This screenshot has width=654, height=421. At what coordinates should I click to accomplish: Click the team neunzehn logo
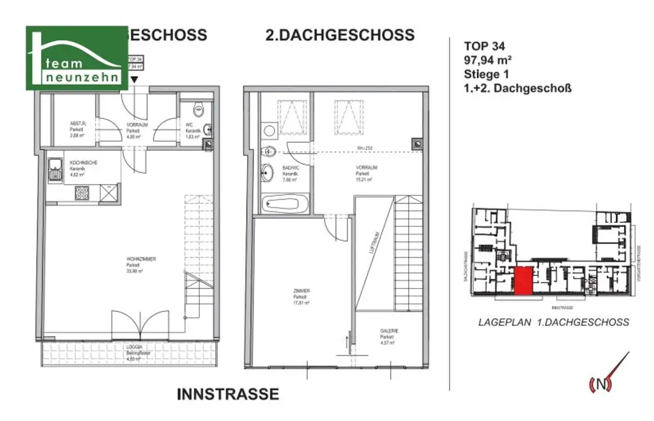pos(76,58)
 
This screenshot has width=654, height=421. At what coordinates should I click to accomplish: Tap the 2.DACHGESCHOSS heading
pos(340,34)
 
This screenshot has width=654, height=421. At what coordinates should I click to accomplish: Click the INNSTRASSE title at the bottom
pos(228,394)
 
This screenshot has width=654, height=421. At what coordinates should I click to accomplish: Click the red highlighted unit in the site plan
pos(523,282)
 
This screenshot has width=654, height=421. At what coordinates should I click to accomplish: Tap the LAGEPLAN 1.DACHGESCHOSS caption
pos(553,323)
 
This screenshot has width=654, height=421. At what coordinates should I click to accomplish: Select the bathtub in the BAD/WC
pos(284,205)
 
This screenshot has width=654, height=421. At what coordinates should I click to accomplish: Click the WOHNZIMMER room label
pos(141,259)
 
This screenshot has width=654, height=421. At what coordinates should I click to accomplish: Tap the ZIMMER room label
pos(301,291)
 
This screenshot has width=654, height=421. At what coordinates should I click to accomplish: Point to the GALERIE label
pos(389,331)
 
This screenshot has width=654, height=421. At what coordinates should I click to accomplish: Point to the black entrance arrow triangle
pos(134,79)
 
